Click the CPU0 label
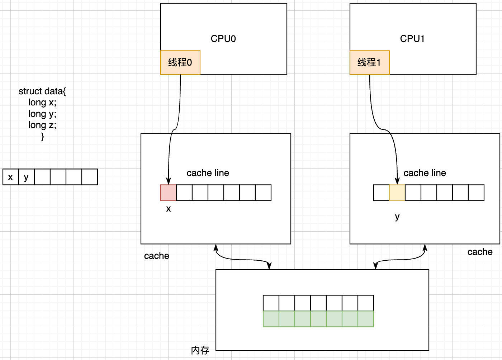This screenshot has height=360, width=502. tap(223, 39)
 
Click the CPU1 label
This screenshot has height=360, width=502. tap(412, 39)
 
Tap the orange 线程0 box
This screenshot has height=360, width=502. tap(180, 62)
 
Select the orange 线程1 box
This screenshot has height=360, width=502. tap(369, 62)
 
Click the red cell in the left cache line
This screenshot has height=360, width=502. tap(168, 193)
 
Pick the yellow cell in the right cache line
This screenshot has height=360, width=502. tap(397, 193)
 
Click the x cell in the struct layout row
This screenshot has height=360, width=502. tap(10, 177)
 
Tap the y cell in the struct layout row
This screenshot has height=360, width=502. tap(26, 177)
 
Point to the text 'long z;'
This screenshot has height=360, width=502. tap(42, 125)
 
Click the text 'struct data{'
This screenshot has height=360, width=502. tap(42, 91)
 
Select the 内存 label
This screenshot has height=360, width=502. tap(200, 350)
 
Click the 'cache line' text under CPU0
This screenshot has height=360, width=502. tap(208, 173)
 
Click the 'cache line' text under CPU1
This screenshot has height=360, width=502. tap(425, 173)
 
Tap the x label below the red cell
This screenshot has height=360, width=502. tap(168, 209)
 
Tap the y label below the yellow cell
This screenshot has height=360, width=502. tap(397, 217)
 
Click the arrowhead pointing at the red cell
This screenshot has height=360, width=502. tap(168, 181)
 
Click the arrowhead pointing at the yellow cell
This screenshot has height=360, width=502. tap(397, 181)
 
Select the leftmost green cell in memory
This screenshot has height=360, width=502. tap(271, 319)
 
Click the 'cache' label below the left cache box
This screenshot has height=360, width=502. tap(156, 256)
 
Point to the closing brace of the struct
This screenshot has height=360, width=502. tap(42, 137)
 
